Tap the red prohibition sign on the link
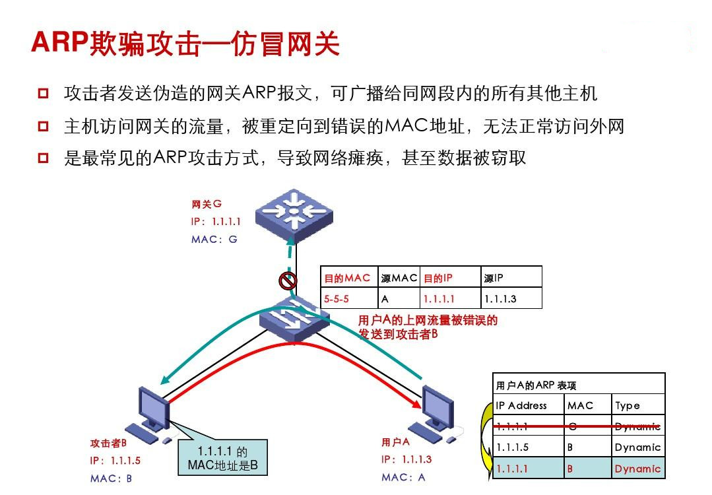point(288,281)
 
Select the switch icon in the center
point(294,320)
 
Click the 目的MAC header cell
point(348,278)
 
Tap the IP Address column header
point(521,405)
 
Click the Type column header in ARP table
point(628,405)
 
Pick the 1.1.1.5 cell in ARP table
point(513,447)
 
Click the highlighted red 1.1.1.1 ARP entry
point(513,469)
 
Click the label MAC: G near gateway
point(214,240)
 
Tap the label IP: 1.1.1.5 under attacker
point(115,461)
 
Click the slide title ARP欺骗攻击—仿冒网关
point(185,43)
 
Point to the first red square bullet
point(44,93)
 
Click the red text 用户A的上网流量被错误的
point(428,321)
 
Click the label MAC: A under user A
point(403,477)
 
